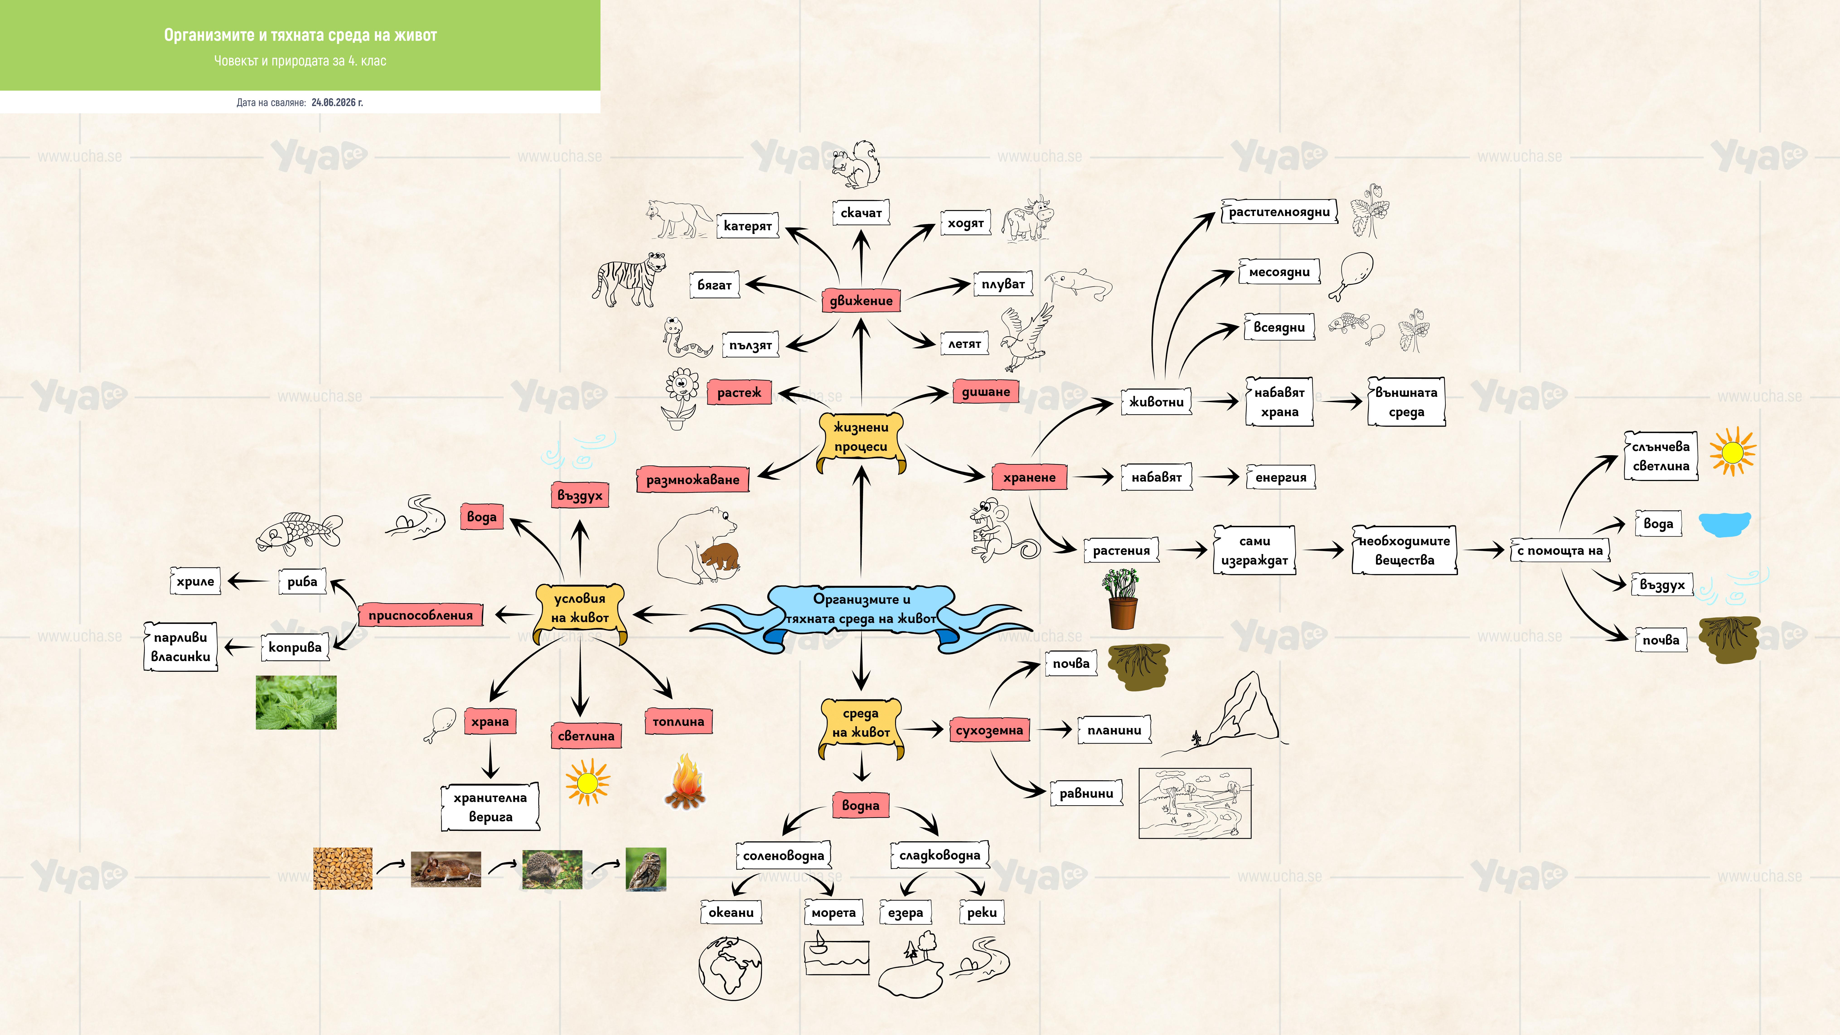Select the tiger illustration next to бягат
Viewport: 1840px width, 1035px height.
point(629,278)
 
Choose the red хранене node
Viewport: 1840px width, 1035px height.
point(1029,477)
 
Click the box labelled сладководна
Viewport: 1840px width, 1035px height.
point(939,855)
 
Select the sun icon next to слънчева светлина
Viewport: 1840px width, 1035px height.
point(1732,451)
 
